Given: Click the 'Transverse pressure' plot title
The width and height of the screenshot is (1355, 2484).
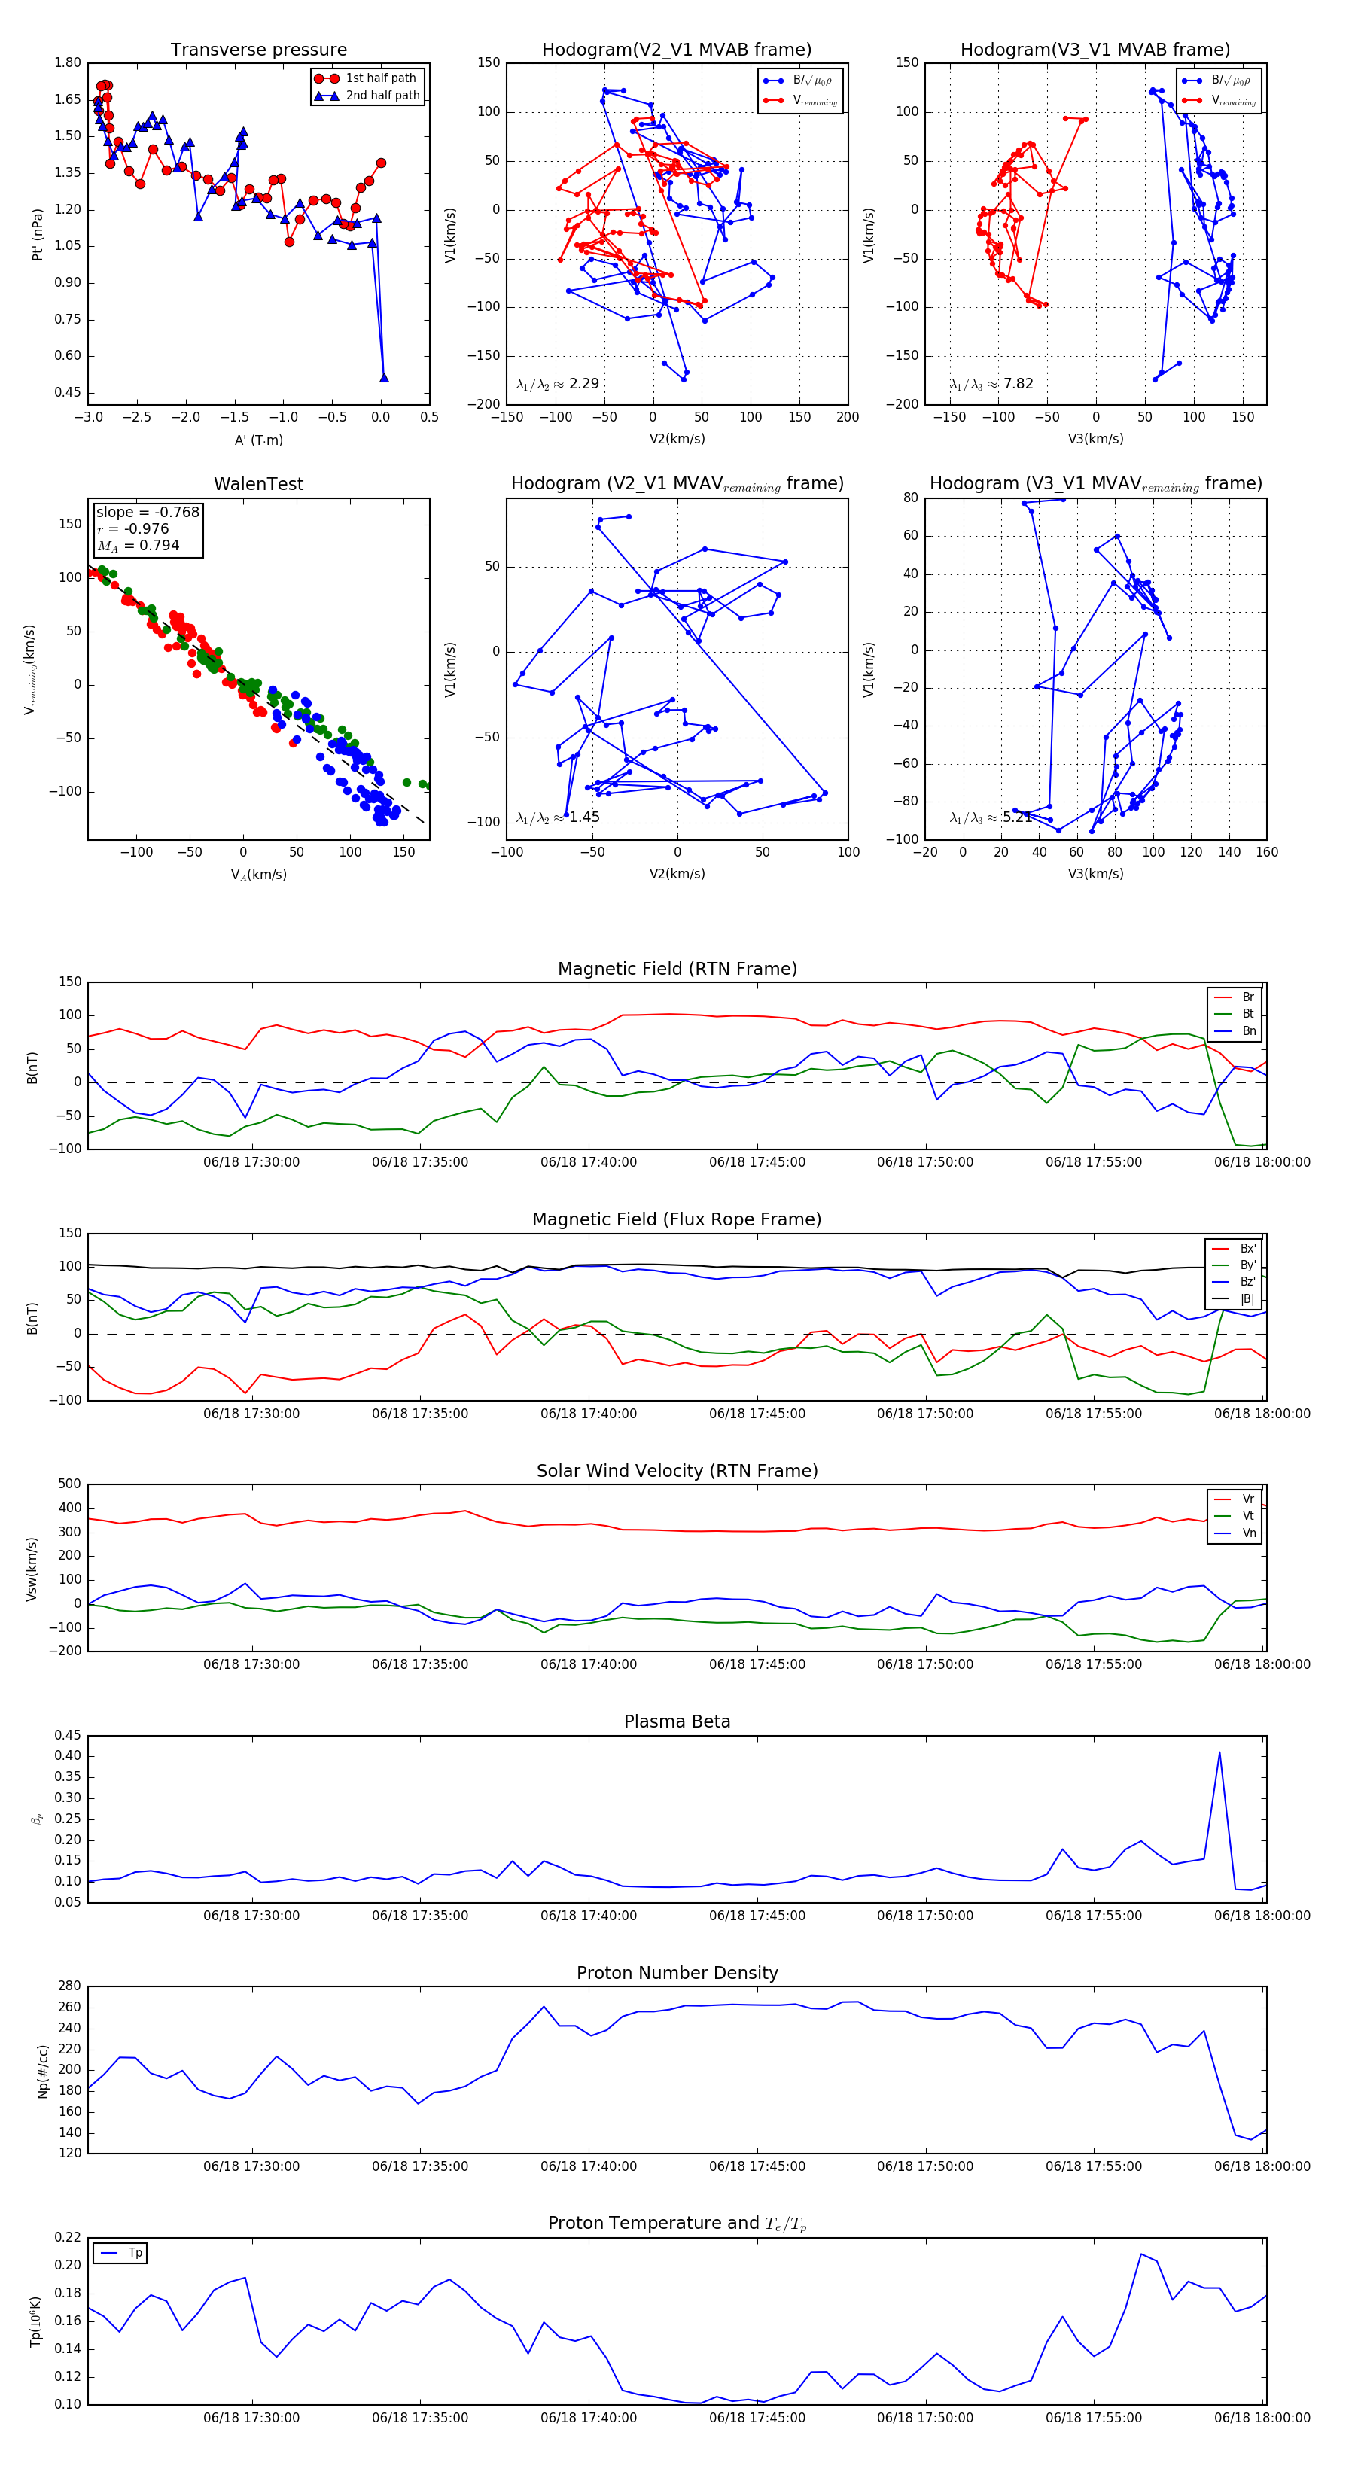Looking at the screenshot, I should pos(258,50).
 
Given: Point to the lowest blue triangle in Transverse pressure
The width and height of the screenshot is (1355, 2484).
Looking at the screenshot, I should pos(384,378).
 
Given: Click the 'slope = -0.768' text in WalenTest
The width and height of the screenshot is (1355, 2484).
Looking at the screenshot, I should pos(148,512).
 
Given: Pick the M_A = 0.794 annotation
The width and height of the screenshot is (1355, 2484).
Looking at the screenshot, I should pos(138,546).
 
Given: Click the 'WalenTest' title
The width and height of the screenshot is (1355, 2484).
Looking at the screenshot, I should pos(258,484).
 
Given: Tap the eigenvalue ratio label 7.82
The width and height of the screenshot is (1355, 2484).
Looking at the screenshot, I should pos(1018,384).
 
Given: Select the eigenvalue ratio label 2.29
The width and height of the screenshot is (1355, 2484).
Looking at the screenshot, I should pos(583,384).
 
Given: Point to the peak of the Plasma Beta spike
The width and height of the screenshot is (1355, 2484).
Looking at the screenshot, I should pos(1219,1753).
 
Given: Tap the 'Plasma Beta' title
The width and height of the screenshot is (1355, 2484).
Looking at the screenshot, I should pos(677,1721).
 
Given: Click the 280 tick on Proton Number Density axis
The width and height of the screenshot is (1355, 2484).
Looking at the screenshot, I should pos(69,1986).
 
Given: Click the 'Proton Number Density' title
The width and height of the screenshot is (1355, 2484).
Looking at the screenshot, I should pos(677,1973).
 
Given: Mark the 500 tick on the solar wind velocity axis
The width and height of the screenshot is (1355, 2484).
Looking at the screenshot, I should pos(69,1485).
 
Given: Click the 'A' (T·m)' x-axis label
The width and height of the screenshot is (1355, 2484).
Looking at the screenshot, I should pos(258,440).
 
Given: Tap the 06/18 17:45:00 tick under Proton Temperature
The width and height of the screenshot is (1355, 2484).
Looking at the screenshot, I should pos(757,2418).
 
